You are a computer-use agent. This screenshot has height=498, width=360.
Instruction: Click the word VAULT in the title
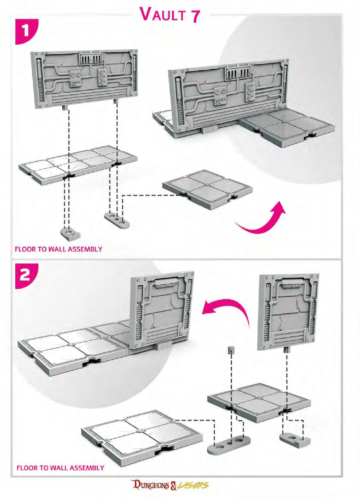(163, 14)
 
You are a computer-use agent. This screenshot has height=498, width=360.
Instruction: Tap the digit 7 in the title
(194, 15)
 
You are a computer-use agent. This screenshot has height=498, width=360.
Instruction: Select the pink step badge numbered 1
(26, 31)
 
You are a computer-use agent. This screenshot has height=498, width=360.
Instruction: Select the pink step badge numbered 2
(26, 276)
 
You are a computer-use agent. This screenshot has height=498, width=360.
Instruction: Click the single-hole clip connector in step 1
(70, 234)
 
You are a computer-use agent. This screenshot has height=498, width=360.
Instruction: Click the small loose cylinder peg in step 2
(231, 350)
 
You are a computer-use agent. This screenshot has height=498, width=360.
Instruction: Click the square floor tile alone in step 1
(207, 189)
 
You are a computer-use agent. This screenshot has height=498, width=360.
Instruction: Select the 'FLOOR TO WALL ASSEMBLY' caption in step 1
(59, 249)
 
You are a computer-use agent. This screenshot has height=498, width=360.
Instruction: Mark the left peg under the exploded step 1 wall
(65, 108)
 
